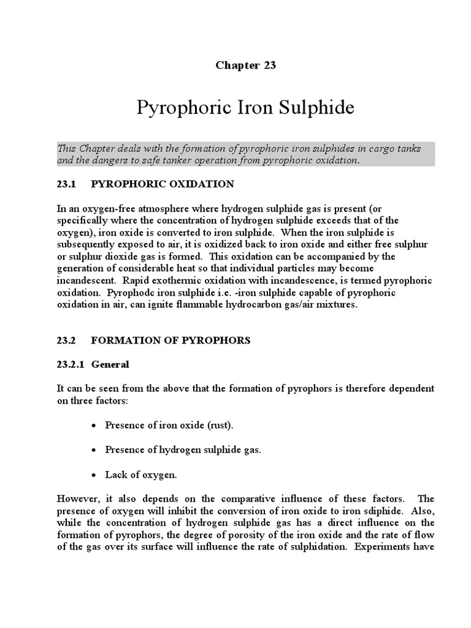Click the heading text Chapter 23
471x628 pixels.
pos(245,66)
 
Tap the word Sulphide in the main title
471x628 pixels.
pos(313,109)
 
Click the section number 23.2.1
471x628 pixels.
pos(70,364)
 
